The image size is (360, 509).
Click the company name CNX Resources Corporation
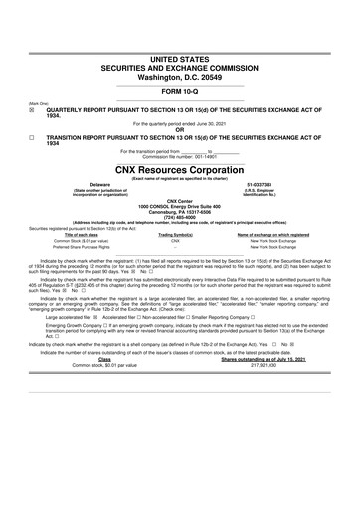click(180, 171)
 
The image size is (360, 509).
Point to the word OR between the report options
click(180, 128)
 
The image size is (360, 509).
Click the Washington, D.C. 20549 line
click(180, 49)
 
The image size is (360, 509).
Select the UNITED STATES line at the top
click(180, 32)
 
